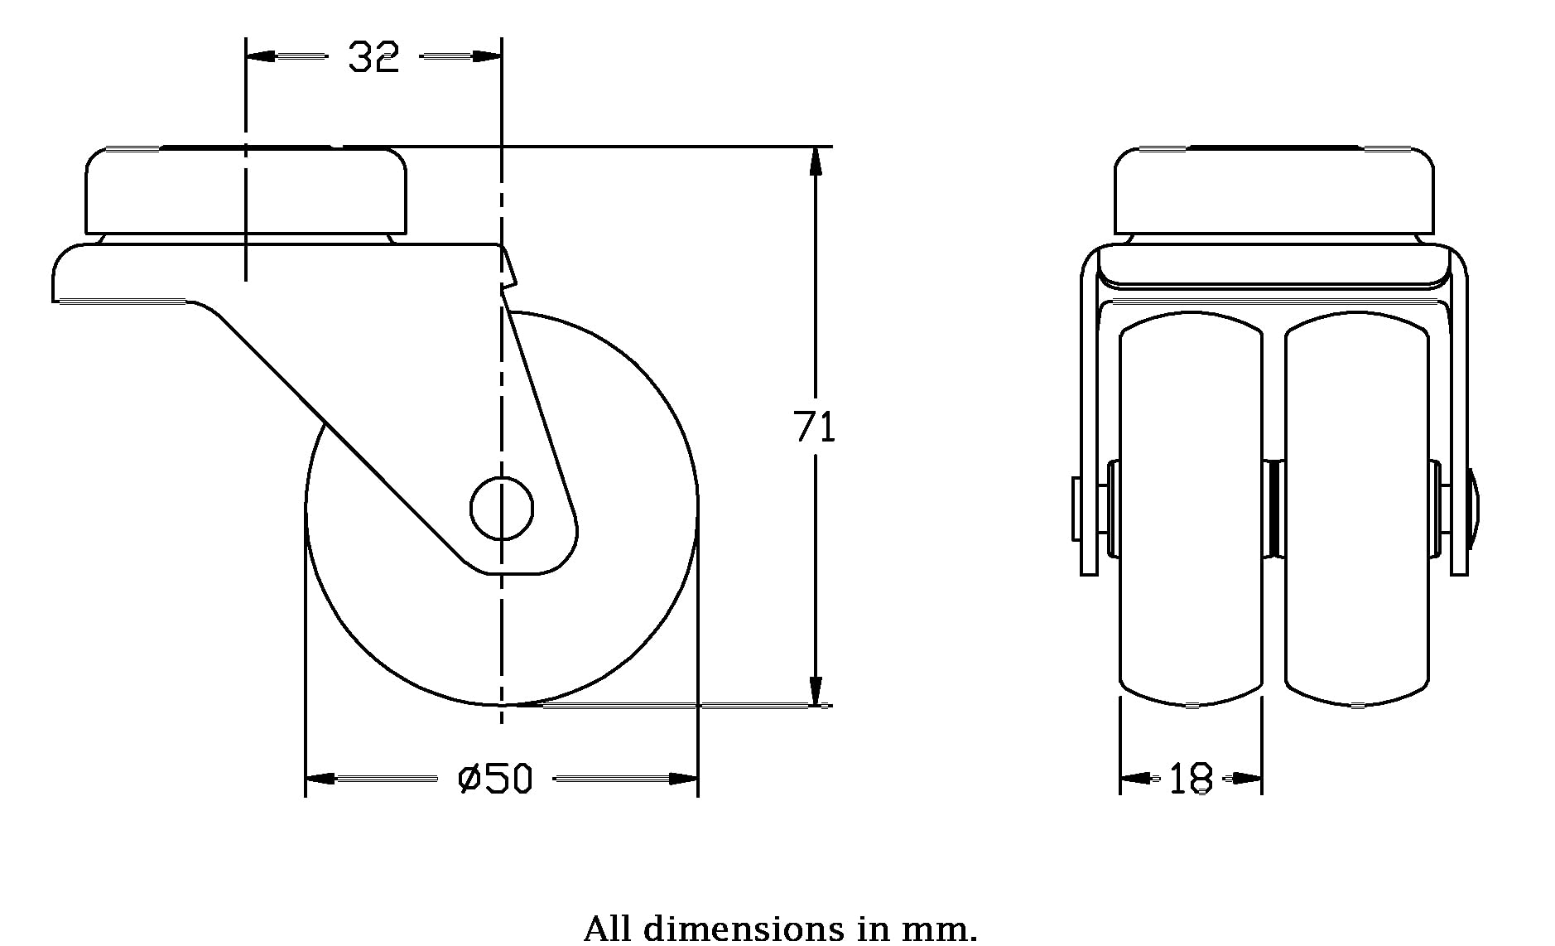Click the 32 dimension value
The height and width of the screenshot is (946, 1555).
[x=373, y=57]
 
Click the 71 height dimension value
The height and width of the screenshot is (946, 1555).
[x=815, y=427]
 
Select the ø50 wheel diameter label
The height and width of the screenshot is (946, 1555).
[x=495, y=779]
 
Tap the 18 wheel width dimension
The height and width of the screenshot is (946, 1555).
[x=1191, y=779]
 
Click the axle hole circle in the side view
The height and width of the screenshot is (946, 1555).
[x=502, y=509]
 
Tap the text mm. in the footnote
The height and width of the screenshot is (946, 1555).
[x=939, y=929]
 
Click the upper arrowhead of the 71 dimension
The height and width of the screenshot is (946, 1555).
[x=816, y=162]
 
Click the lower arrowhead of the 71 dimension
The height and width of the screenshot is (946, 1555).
[x=816, y=691]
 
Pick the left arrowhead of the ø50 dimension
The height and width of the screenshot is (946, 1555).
[x=320, y=779]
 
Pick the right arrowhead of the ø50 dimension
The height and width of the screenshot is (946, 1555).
[x=683, y=779]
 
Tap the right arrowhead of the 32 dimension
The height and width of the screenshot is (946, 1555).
[x=487, y=56]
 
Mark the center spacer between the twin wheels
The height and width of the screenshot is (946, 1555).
[x=1274, y=509]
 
